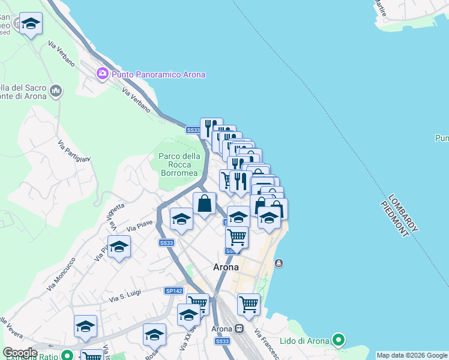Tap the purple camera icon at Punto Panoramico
pos(102,74)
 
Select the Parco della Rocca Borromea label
pos(179,164)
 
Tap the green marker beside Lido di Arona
pos(339,341)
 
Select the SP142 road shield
pos(173,290)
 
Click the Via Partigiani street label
pos(74,151)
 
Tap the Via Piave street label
pos(140,226)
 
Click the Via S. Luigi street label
pos(125,296)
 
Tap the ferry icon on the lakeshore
pos(279,263)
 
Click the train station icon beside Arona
pos(240,329)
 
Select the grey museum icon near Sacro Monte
pos(56,91)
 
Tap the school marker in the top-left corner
pos(31,25)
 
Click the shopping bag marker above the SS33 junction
pos(205,203)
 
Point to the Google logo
pos(20,352)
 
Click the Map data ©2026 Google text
pos(412,355)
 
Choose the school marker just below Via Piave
pos(119,247)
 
